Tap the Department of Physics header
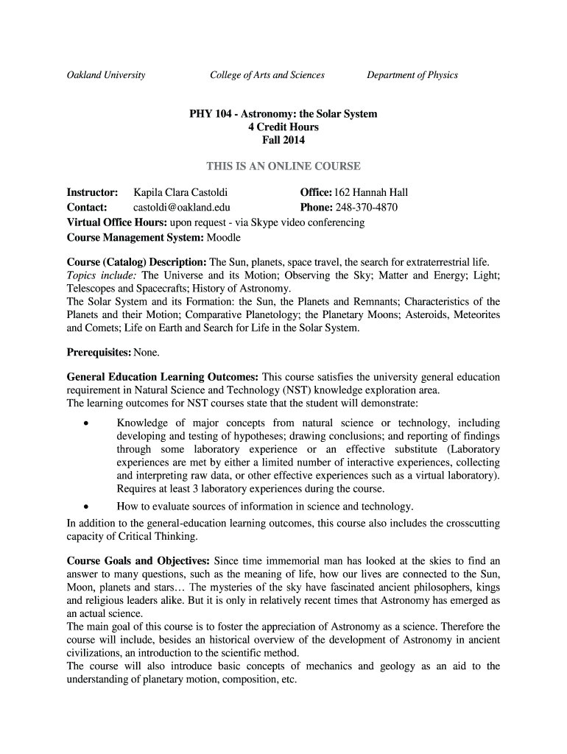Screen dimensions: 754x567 coord(412,75)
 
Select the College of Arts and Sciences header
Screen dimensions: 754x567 coord(267,75)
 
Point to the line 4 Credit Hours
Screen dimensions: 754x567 coord(283,127)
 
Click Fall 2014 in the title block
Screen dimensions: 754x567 coord(283,141)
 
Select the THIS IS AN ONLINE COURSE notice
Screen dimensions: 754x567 coord(283,166)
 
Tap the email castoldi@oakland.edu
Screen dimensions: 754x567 coord(181,208)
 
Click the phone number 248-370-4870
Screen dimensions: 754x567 coord(367,208)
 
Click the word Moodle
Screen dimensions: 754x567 coord(224,238)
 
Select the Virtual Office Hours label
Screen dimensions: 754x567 coord(116,222)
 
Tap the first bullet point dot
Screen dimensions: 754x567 coord(86,423)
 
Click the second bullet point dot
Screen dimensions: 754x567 coord(86,507)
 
